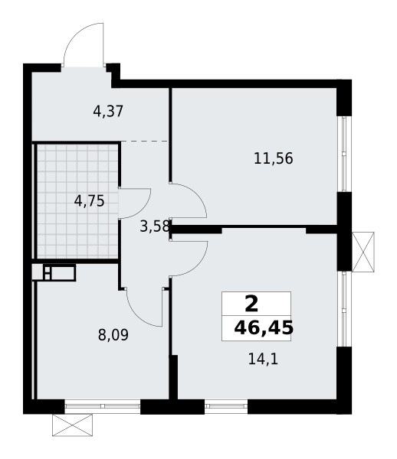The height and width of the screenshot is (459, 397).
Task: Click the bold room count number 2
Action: [x=250, y=302]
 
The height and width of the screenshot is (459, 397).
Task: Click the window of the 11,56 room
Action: [x=345, y=154]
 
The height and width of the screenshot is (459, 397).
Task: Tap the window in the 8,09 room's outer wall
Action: [x=102, y=406]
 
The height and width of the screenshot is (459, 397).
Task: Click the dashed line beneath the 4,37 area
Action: [x=145, y=142]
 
